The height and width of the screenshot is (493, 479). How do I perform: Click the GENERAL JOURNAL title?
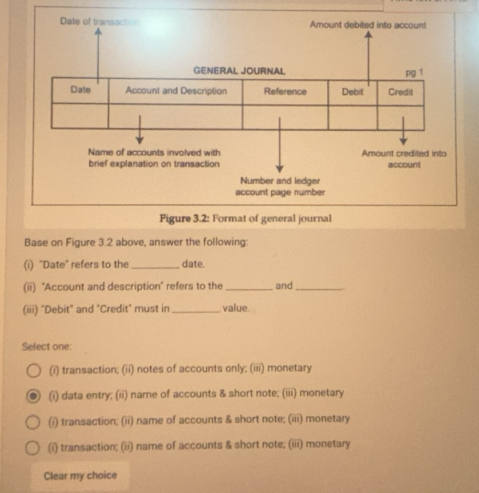(x=239, y=70)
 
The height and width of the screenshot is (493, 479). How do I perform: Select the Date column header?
(x=80, y=90)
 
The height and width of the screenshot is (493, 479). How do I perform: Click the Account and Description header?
(x=176, y=90)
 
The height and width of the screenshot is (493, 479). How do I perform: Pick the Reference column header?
(x=285, y=91)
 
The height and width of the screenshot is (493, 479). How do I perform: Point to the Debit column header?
(x=352, y=91)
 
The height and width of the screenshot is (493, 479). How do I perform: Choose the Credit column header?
(x=400, y=91)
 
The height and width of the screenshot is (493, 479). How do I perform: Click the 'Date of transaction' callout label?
(x=100, y=22)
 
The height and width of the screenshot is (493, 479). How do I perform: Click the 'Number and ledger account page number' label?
(x=280, y=186)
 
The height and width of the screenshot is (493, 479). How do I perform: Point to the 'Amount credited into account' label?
(x=404, y=159)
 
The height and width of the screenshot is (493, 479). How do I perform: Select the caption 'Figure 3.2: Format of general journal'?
(x=245, y=218)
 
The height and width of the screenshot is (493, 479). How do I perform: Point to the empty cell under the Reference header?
(x=285, y=117)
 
